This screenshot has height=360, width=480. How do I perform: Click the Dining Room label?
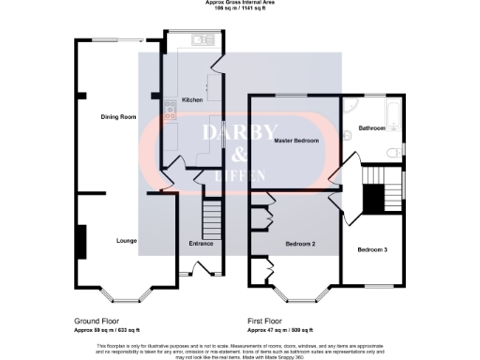pos(119,116)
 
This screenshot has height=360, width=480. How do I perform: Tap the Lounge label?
pos(127,241)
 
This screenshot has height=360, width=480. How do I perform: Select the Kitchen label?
pos(192,99)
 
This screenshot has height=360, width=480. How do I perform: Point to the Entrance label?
pos(201,244)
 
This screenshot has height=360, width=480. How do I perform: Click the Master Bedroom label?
pos(295,140)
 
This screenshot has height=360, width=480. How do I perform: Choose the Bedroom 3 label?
pos(371,249)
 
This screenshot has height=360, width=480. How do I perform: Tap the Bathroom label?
pos(372,128)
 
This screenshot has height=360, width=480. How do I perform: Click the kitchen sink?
pos(201,40)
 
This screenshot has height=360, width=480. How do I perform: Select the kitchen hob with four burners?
pos(171,111)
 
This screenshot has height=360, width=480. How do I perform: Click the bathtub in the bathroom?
pos(393,117)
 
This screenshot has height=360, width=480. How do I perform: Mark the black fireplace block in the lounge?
pos(80,241)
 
